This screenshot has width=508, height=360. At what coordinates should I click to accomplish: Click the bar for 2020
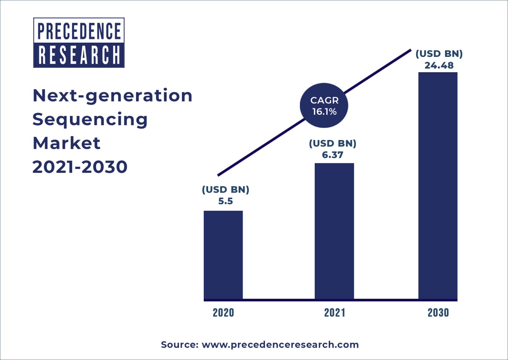(223, 255)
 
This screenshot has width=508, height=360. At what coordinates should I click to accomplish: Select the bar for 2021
(334, 231)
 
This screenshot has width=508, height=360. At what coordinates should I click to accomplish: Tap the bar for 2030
(438, 186)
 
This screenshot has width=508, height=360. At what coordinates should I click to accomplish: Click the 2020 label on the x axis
(223, 313)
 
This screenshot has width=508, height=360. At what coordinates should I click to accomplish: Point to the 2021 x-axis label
(334, 313)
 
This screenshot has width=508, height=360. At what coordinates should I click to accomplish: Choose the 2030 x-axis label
(438, 313)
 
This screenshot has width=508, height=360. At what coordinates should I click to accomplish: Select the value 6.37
(333, 154)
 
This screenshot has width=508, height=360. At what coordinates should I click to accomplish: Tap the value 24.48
(438, 66)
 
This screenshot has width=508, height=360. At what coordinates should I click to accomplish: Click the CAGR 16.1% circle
(324, 106)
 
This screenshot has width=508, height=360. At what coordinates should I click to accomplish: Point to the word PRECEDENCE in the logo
(79, 31)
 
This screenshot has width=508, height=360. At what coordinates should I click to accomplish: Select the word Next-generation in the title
(112, 96)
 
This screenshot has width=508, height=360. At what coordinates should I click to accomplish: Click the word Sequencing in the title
(90, 119)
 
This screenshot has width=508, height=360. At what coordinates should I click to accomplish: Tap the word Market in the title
(66, 143)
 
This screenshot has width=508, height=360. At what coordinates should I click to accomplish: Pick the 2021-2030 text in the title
(80, 167)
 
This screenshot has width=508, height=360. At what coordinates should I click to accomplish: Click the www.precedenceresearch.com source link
(280, 345)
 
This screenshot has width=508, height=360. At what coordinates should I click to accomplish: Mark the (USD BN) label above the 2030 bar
(438, 54)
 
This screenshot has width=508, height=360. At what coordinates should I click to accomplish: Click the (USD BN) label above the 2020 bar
(226, 190)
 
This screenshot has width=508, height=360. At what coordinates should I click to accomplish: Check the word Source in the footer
(179, 345)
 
